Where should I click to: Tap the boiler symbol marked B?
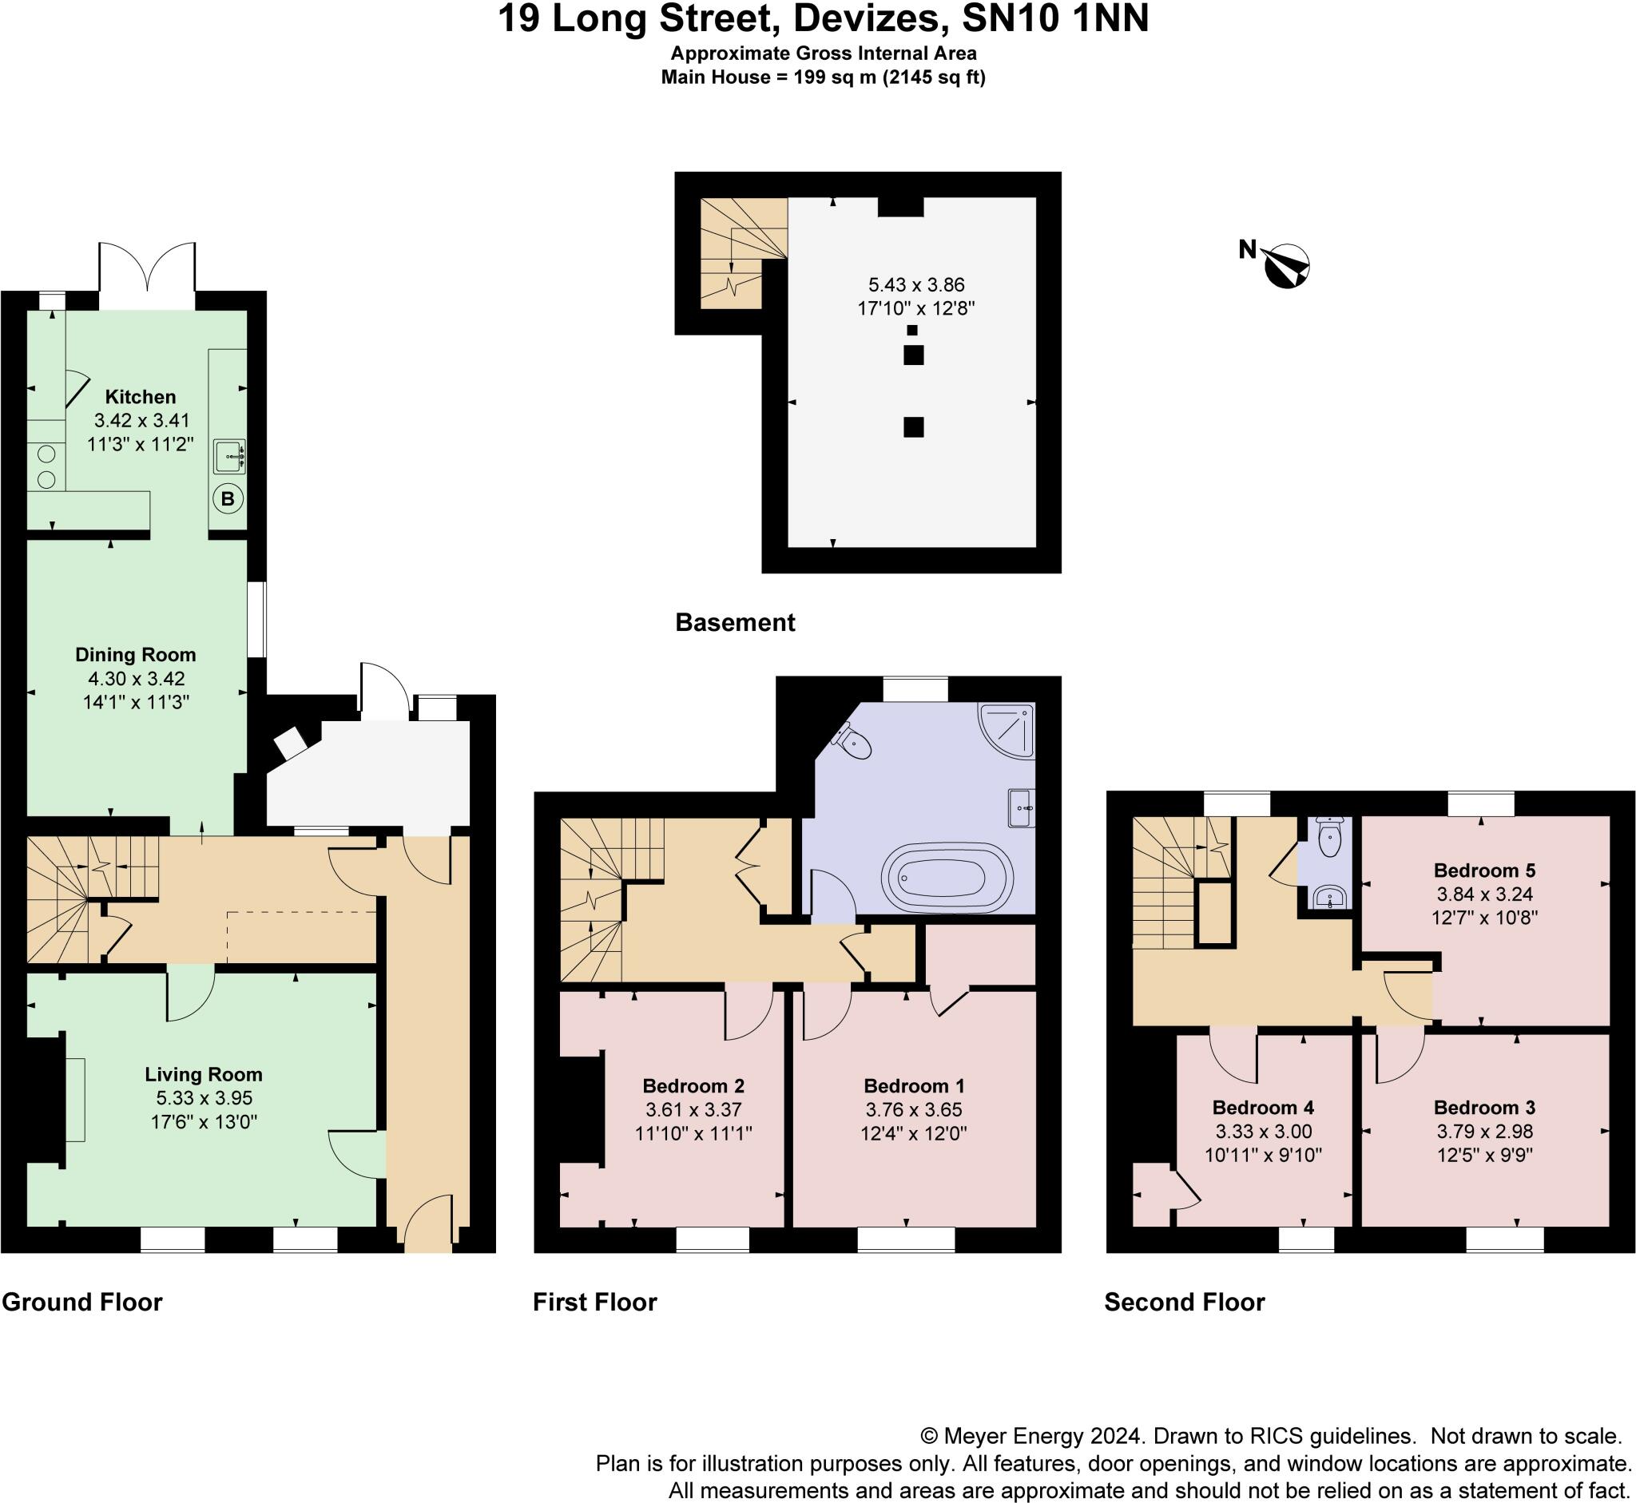pyautogui.click(x=228, y=498)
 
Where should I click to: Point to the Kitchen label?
pyautogui.click(x=141, y=397)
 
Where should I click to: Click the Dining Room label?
pyautogui.click(x=136, y=655)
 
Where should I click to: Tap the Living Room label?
pyautogui.click(x=204, y=1074)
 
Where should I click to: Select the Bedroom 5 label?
pyautogui.click(x=1485, y=870)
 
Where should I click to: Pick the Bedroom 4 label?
pyautogui.click(x=1264, y=1107)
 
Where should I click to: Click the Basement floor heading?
pyautogui.click(x=736, y=623)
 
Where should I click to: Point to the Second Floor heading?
pyautogui.click(x=1185, y=1302)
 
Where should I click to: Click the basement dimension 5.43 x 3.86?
pyautogui.click(x=917, y=284)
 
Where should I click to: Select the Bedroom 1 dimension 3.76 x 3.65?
pyautogui.click(x=915, y=1109)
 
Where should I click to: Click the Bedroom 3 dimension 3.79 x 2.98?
pyautogui.click(x=1485, y=1132)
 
